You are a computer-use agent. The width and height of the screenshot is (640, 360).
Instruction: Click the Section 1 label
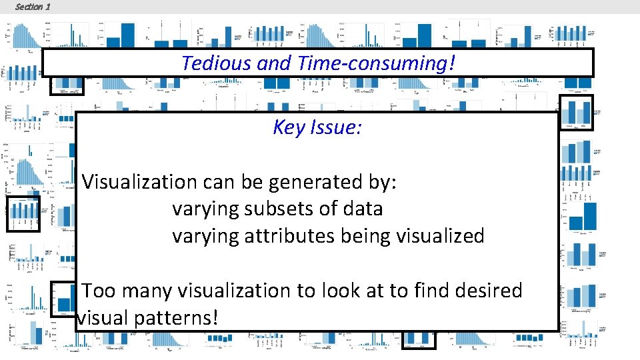click(32, 7)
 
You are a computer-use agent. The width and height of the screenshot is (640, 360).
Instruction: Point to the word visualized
click(438, 236)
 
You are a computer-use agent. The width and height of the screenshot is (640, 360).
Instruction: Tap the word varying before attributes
click(206, 236)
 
